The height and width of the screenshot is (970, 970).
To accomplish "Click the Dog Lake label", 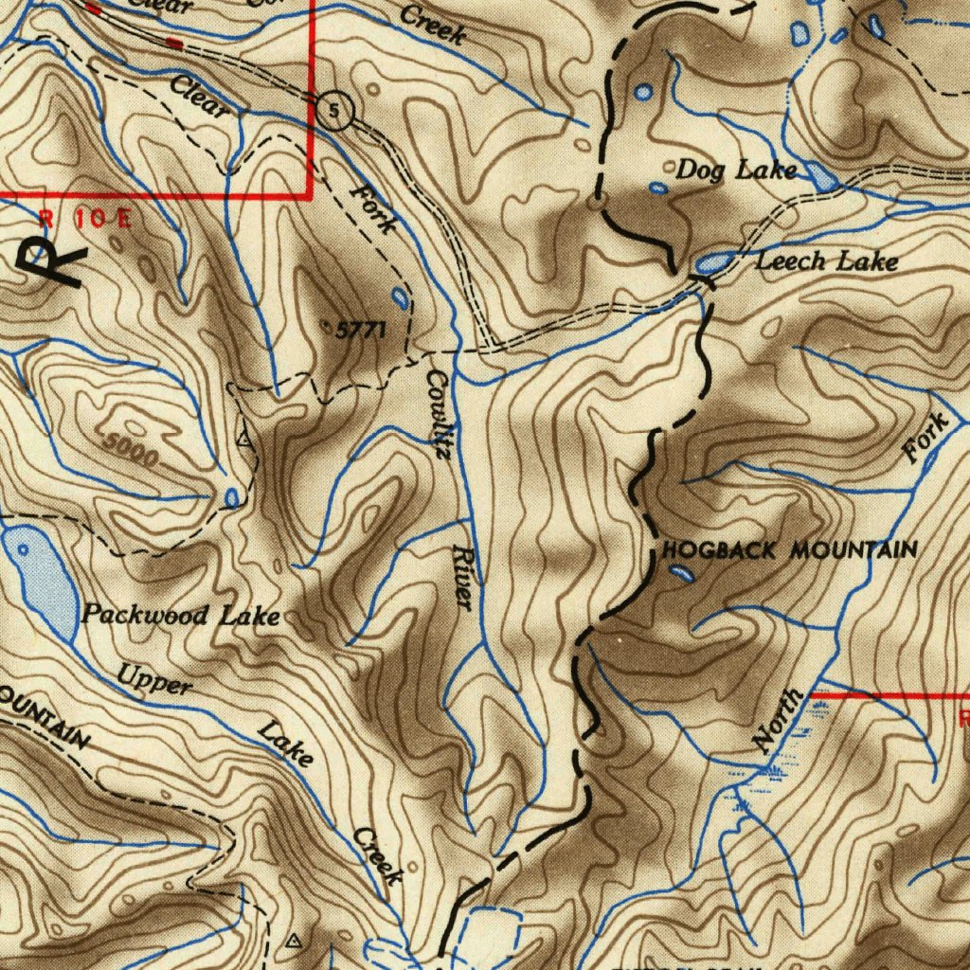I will [x=735, y=171].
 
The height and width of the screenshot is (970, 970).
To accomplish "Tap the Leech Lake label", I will [x=825, y=260].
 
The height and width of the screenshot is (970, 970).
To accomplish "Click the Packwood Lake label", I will [x=180, y=616].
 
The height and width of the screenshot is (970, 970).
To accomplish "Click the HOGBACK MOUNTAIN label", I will [x=789, y=549].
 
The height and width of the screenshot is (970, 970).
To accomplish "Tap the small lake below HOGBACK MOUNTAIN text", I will [x=680, y=572].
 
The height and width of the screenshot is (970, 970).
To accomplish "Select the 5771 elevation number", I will [x=361, y=331].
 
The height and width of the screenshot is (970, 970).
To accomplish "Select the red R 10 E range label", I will [x=85, y=218].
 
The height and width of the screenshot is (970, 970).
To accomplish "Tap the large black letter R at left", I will [x=53, y=258].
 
